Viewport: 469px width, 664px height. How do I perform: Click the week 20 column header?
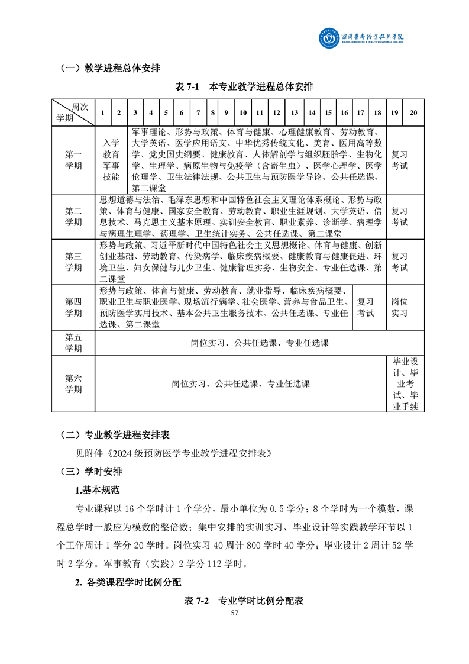click(x=413, y=112)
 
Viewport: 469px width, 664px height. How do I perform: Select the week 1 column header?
click(x=103, y=112)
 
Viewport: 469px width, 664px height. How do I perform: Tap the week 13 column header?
click(x=294, y=112)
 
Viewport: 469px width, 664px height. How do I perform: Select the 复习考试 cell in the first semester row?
click(x=400, y=160)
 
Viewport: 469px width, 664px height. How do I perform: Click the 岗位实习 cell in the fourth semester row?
click(x=400, y=307)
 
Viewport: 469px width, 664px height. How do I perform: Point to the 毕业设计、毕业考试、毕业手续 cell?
click(x=406, y=383)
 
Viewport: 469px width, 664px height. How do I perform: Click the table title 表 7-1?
click(x=244, y=86)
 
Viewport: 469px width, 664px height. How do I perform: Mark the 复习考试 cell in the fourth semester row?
click(x=366, y=307)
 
